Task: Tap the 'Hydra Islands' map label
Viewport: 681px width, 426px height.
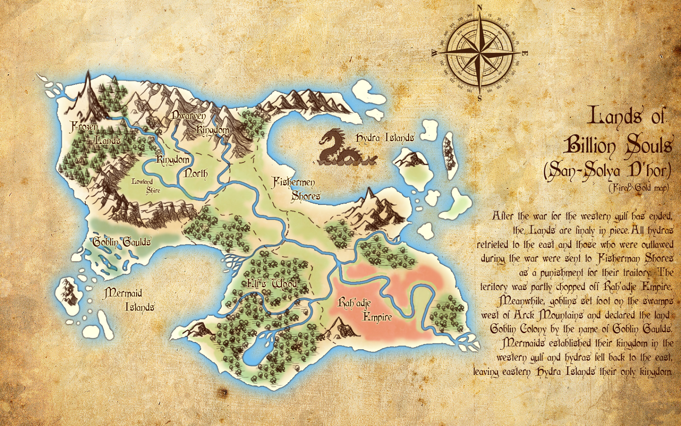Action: click(385, 138)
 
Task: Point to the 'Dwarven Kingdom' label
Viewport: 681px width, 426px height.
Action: click(200, 123)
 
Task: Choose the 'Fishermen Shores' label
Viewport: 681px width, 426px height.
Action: click(296, 189)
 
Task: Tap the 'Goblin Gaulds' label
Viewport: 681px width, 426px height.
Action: click(122, 242)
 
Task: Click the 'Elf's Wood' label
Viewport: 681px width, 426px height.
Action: click(272, 284)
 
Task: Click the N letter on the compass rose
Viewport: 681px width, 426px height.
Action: click(480, 7)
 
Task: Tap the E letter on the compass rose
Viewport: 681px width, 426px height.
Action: click(525, 54)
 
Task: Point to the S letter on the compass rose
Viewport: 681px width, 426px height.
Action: click(480, 99)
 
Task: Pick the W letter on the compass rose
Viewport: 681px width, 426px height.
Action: click(434, 53)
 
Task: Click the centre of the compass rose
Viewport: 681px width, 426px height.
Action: click(480, 53)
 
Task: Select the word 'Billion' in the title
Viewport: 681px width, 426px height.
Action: click(590, 146)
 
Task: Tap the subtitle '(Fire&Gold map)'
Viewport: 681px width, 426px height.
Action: click(638, 187)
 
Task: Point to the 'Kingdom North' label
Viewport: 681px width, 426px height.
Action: click(182, 166)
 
